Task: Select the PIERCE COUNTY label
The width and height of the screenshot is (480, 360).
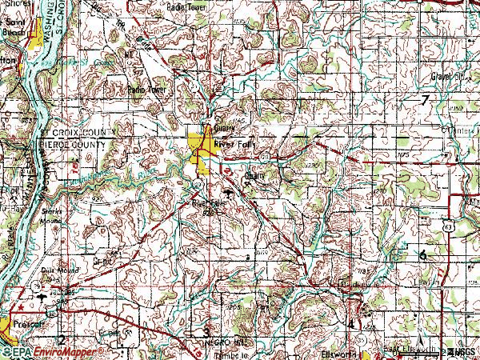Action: coord(71,143)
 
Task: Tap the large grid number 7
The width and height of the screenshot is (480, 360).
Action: coord(426,99)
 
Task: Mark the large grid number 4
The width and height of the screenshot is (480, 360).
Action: coord(350,323)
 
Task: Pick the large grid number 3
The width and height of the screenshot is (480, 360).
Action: coord(206,331)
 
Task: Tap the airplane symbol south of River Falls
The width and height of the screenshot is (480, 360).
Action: coord(230,193)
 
